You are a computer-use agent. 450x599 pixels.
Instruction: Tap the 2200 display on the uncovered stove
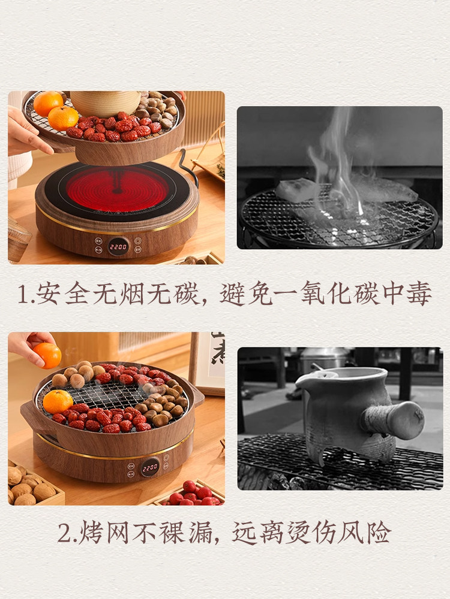tap(118, 246)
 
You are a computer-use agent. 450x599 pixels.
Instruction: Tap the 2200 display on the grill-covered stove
tap(150, 466)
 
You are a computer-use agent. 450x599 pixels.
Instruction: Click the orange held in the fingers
tap(47, 355)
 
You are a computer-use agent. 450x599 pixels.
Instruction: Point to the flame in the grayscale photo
tap(339, 162)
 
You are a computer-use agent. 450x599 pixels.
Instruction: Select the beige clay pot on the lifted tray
tap(105, 103)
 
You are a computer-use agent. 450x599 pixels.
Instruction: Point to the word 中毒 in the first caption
tap(411, 295)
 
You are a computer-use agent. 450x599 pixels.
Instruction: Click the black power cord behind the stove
tap(189, 168)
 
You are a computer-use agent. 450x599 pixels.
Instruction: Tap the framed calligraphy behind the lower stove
tap(210, 359)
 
